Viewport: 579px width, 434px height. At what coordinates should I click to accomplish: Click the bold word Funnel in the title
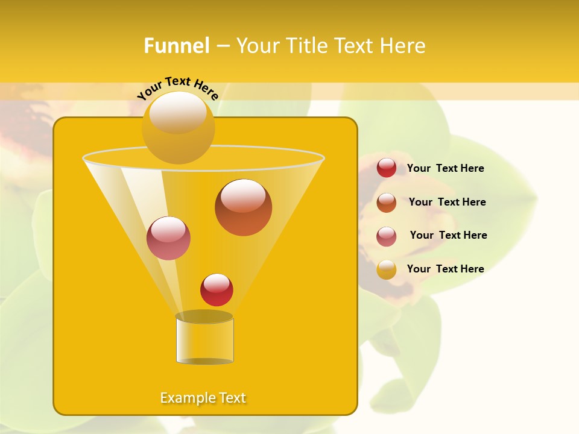click(x=176, y=46)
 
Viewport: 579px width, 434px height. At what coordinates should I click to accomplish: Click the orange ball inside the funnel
click(x=243, y=208)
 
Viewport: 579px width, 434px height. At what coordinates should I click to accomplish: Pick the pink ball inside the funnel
click(x=168, y=238)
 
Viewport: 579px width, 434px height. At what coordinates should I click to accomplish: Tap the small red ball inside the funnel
click(x=217, y=290)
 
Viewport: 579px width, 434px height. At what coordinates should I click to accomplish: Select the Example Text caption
click(x=203, y=398)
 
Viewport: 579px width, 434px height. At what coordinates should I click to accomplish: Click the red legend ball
click(x=387, y=168)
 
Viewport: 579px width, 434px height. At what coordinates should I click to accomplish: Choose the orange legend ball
click(x=387, y=203)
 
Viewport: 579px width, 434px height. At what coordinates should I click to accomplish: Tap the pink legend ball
click(x=387, y=236)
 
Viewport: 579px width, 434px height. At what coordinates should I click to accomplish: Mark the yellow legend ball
click(x=387, y=269)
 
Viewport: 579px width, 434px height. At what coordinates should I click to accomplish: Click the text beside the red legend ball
click(x=445, y=169)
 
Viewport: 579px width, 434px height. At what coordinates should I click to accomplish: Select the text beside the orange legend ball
click(x=447, y=203)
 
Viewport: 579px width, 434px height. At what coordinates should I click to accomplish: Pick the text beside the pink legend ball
click(x=448, y=236)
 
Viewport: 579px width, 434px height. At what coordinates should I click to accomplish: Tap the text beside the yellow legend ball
click(x=445, y=269)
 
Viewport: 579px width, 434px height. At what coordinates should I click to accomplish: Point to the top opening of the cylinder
click(x=204, y=316)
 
